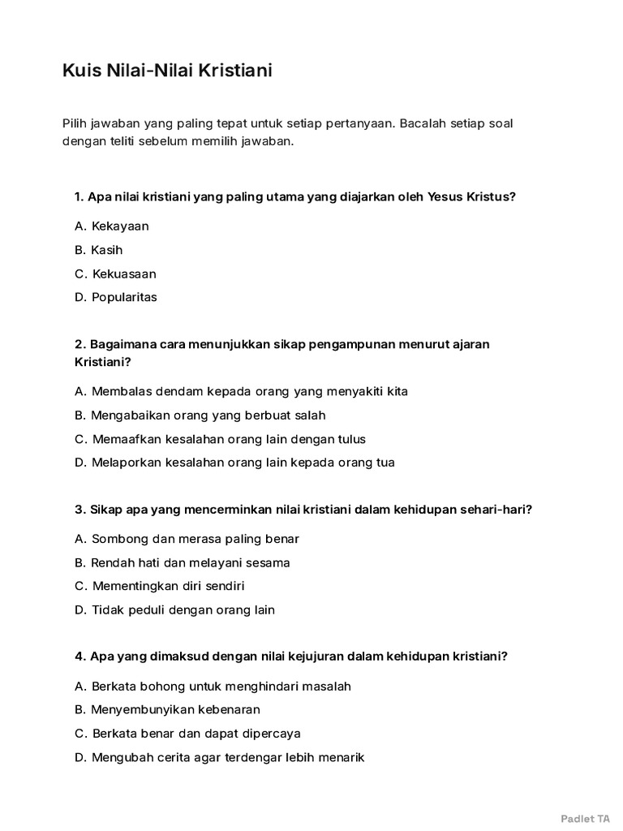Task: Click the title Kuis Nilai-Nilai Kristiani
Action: [x=167, y=71]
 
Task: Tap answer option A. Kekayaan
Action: [x=111, y=226]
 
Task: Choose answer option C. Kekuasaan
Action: [x=114, y=273]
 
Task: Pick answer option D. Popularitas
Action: [x=115, y=297]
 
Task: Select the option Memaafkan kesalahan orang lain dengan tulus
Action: [x=220, y=439]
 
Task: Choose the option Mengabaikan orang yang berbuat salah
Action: [x=200, y=415]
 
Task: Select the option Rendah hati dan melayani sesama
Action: [x=182, y=562]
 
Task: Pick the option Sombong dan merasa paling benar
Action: [x=187, y=539]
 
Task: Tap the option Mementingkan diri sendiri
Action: [x=159, y=586]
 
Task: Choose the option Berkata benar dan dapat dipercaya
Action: [x=187, y=734]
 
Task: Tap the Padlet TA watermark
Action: [x=585, y=818]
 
